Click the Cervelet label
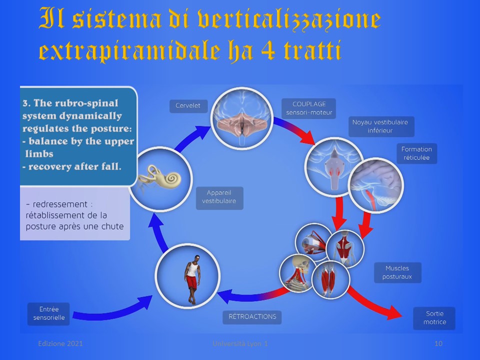click(188, 106)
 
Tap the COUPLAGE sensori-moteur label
click(308, 108)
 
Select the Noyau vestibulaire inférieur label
click(381, 126)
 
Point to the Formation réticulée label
click(416, 153)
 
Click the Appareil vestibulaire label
click(219, 197)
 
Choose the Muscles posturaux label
click(397, 272)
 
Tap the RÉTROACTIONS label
click(252, 317)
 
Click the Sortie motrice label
click(434, 318)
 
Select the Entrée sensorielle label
click(48, 314)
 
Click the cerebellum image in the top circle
click(241, 118)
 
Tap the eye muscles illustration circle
click(313, 242)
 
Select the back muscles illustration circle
click(345, 248)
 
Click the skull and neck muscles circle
click(298, 272)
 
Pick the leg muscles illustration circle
click(330, 279)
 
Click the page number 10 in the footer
click(438, 344)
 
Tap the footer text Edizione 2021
click(60, 344)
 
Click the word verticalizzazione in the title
click(289, 19)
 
